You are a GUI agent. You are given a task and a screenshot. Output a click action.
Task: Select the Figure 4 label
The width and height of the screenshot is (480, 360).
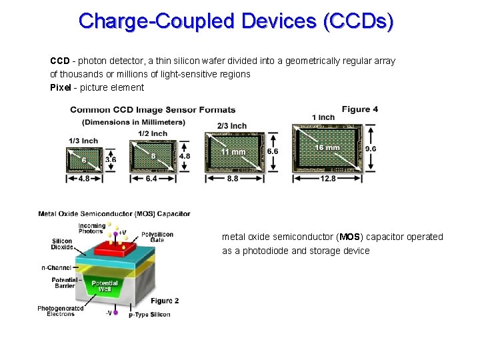[360, 109]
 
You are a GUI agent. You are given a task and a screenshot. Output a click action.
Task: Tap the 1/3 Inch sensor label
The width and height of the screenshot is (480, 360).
[83, 141]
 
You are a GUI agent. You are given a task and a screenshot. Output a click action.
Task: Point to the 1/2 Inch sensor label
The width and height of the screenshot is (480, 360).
[153, 133]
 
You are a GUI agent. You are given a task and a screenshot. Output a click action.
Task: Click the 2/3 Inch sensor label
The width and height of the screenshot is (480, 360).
[231, 126]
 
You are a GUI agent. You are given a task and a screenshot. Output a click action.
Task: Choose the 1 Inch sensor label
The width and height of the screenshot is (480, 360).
[323, 117]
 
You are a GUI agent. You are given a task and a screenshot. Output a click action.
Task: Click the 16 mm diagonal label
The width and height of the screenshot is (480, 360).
[328, 147]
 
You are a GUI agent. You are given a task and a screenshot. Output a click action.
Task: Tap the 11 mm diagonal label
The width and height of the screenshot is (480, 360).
[234, 152]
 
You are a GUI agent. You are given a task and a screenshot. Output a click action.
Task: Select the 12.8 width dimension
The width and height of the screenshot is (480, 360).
[328, 179]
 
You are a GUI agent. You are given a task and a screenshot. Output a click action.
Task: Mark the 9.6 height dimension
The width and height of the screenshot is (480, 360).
[371, 149]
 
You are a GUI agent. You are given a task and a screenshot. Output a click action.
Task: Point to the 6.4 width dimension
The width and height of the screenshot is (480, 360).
[151, 179]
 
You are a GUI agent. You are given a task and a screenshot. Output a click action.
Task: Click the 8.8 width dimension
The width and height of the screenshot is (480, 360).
[233, 179]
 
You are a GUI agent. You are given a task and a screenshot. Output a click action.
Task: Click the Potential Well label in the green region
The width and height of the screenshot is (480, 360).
[105, 286]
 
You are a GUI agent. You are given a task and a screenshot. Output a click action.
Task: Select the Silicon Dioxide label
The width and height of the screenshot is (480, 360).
[62, 244]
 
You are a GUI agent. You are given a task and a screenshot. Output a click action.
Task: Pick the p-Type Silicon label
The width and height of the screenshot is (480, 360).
[149, 315]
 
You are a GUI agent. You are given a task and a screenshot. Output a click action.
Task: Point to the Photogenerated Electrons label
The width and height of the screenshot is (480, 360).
[61, 311]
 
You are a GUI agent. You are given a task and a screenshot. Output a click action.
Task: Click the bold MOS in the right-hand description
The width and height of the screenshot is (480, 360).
[349, 237]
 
